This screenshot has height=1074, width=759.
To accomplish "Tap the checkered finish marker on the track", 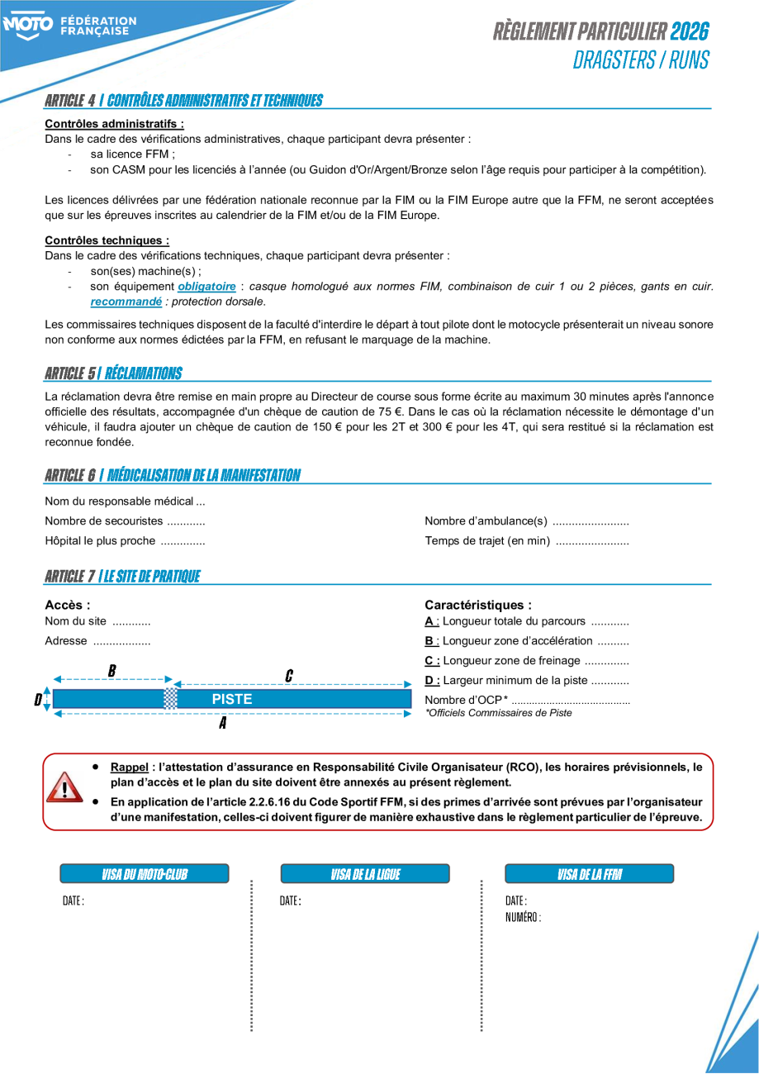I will click(170, 698).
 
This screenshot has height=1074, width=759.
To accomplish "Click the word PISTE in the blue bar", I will click(232, 699).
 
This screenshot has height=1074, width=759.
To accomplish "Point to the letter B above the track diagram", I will click(111, 670).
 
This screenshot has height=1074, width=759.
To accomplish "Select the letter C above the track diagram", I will click(288, 675).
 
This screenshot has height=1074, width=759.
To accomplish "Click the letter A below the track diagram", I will click(222, 724).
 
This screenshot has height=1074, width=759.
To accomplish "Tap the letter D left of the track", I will click(38, 700).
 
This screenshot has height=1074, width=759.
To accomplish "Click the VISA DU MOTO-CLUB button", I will click(145, 874).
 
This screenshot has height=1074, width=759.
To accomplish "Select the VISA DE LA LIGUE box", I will click(365, 874).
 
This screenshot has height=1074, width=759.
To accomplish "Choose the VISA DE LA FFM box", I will click(589, 874).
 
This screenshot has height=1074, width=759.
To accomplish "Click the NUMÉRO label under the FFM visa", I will click(523, 917).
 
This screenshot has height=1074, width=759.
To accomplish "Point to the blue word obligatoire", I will click(206, 287).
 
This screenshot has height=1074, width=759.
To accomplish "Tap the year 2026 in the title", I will click(690, 31).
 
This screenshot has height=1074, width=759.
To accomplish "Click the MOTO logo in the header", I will click(28, 26).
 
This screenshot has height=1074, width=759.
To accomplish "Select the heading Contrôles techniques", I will click(107, 240).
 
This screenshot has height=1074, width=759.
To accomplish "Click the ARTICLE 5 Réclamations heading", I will click(113, 373).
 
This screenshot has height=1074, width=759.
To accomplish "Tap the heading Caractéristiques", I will click(478, 605).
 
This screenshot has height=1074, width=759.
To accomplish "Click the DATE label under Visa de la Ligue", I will click(290, 901).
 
